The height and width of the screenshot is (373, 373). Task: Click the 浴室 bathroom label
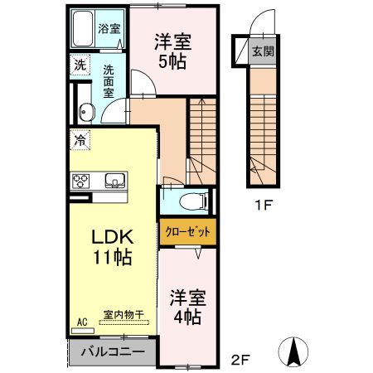[x=109, y=27]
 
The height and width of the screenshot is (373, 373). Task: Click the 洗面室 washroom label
[x=109, y=81]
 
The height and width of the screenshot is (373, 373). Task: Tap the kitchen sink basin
[x=114, y=180]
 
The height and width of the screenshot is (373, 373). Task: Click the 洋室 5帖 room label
[x=173, y=51]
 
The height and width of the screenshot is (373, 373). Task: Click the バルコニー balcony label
[x=113, y=352]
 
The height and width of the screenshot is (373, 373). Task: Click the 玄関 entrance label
[x=262, y=51]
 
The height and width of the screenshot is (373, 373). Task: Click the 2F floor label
[x=240, y=359]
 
